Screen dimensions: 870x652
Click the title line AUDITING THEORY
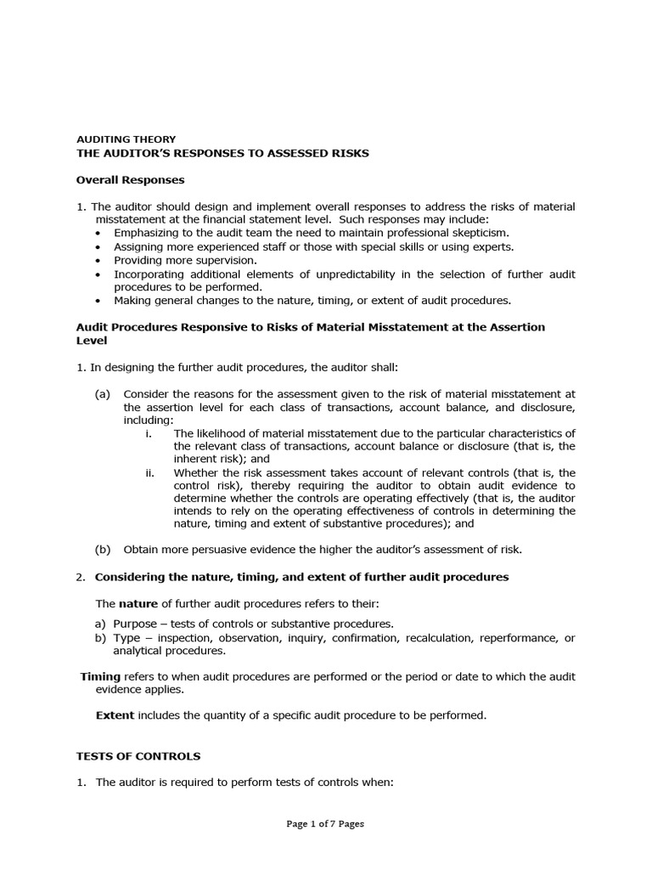[126, 139]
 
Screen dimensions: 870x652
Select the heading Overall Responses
[130, 180]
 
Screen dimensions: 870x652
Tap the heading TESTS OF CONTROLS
[138, 755]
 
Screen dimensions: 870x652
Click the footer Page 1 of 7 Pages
[325, 823]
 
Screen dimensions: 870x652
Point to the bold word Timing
[100, 676]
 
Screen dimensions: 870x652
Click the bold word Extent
[115, 715]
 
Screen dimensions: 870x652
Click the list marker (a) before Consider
[102, 393]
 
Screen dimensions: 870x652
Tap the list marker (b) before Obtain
[102, 549]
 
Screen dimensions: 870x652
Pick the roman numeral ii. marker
[150, 472]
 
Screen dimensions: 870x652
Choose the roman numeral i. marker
[149, 433]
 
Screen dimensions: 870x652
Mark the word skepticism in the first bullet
[480, 232]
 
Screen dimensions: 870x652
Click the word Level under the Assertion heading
[92, 340]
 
